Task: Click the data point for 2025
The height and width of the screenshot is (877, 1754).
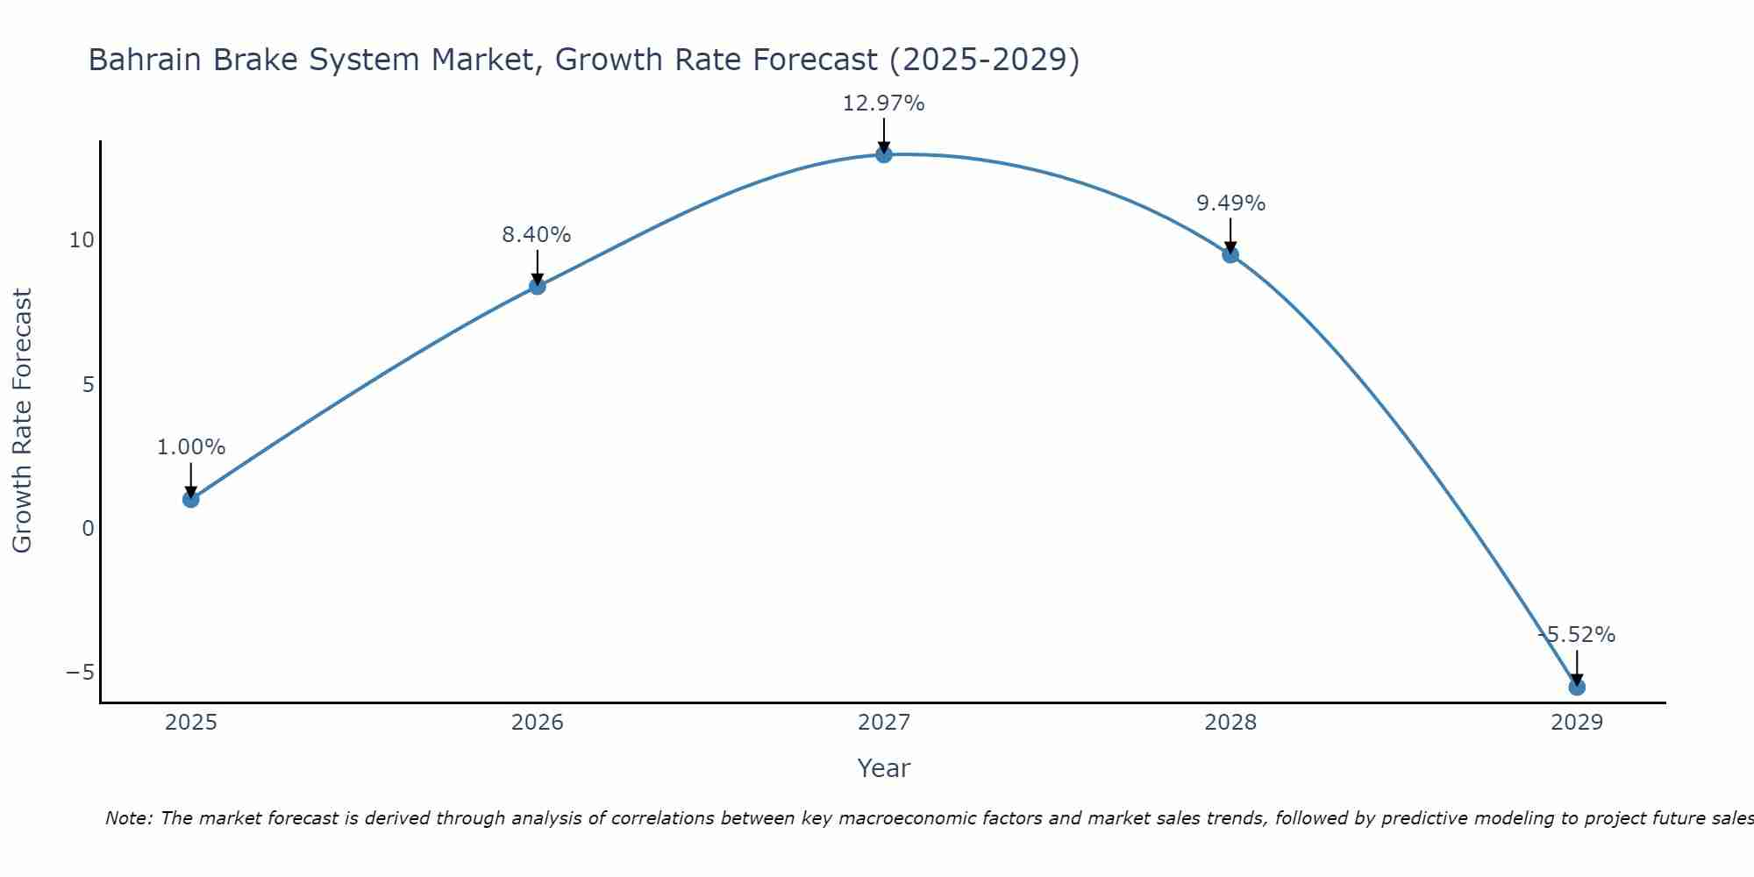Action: (191, 499)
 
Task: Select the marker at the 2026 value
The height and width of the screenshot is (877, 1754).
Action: (538, 286)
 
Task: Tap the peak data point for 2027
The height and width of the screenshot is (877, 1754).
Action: (884, 154)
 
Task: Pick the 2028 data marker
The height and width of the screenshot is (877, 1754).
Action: (1230, 254)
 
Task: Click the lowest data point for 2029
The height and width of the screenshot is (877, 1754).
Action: (1577, 687)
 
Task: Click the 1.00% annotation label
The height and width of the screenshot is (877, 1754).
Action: (191, 447)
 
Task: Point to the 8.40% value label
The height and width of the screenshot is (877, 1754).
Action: (537, 235)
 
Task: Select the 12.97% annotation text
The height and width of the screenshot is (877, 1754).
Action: (884, 103)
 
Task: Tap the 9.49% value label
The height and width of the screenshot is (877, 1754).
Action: (1230, 203)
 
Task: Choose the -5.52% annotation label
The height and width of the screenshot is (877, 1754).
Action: (1577, 635)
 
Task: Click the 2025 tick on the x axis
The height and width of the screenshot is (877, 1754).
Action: (191, 723)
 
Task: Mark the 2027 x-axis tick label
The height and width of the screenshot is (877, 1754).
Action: (884, 723)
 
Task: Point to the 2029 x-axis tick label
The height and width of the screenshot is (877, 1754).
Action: (1577, 723)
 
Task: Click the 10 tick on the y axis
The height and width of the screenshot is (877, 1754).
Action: (82, 240)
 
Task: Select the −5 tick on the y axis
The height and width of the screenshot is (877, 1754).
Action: (80, 673)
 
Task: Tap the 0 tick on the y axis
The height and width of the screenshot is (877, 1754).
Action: (88, 528)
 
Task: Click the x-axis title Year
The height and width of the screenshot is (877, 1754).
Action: (884, 768)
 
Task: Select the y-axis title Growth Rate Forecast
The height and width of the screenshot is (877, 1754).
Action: (22, 421)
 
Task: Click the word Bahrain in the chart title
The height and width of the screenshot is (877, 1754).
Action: (141, 60)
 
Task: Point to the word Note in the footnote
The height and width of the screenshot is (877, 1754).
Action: (129, 818)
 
